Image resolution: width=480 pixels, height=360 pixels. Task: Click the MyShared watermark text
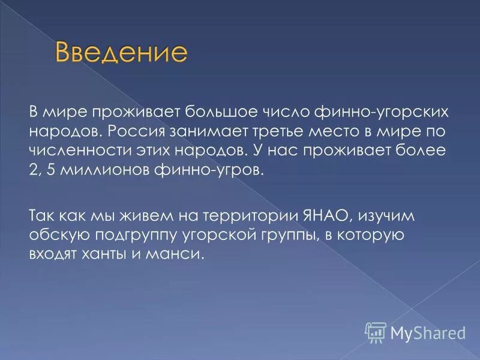pos(427,331)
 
